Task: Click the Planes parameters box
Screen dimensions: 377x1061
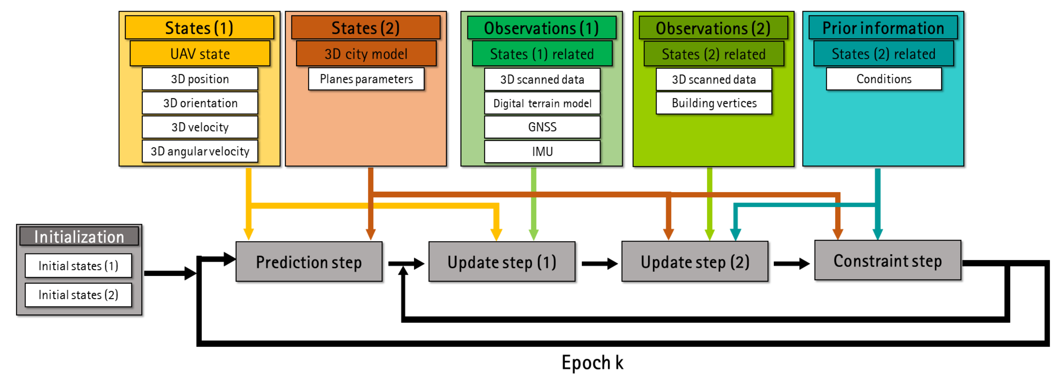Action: (366, 79)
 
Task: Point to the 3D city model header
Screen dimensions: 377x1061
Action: (366, 54)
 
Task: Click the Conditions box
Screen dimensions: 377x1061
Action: (884, 79)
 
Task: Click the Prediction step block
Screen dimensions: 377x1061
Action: (309, 262)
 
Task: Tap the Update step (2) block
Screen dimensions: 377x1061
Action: (695, 262)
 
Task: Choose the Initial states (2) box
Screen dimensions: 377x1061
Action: (78, 295)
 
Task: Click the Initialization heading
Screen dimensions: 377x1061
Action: (79, 237)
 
